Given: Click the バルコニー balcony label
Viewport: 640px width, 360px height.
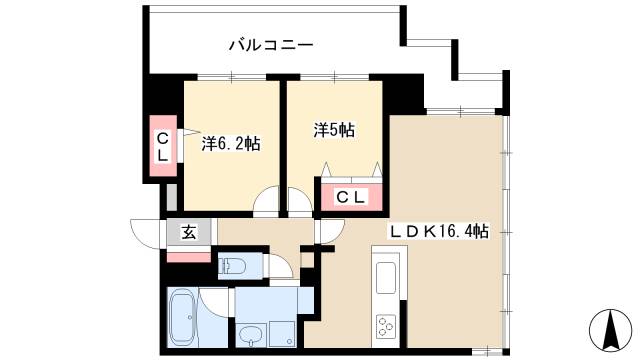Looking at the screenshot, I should [271, 44].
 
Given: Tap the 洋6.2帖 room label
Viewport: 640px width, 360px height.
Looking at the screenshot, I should [231, 144].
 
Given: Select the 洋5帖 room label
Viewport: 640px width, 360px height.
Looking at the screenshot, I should [333, 130].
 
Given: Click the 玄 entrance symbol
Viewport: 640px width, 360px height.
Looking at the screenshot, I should [188, 232].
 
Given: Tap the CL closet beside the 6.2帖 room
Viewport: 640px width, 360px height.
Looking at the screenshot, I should [162, 148].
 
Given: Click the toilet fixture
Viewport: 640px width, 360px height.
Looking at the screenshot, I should [235, 266].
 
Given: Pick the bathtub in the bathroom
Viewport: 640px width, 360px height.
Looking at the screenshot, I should [182, 317].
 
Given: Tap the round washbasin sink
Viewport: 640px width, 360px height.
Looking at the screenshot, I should [253, 333].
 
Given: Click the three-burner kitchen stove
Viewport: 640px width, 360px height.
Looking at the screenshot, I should [386, 325].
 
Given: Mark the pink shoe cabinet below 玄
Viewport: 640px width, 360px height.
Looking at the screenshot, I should [188, 255].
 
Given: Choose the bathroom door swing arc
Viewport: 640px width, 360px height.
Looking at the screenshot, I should [215, 301].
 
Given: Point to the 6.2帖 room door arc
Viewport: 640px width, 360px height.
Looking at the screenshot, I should [267, 203].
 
